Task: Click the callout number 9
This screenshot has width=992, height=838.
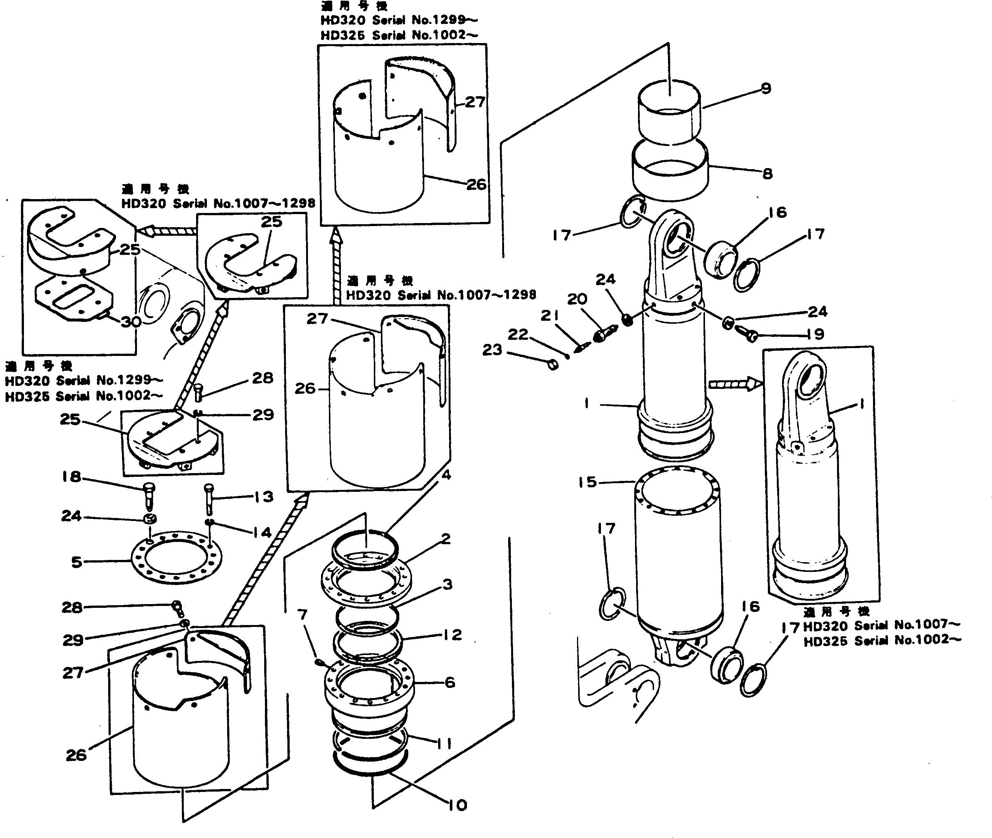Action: pyautogui.click(x=766, y=89)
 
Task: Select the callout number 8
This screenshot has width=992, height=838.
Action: pyautogui.click(x=767, y=174)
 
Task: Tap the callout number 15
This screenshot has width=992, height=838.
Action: pyautogui.click(x=587, y=483)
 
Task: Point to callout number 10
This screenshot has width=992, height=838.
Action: pyautogui.click(x=457, y=805)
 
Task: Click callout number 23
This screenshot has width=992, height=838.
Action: pyautogui.click(x=492, y=350)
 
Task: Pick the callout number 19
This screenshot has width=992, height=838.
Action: pyautogui.click(x=815, y=335)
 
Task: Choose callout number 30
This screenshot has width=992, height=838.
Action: pyautogui.click(x=131, y=322)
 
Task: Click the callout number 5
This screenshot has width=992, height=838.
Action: pyautogui.click(x=76, y=563)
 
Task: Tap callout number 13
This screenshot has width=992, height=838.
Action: pyautogui.click(x=263, y=497)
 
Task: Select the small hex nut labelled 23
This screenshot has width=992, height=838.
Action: pyautogui.click(x=553, y=365)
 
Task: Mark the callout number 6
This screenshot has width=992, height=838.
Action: pyautogui.click(x=450, y=683)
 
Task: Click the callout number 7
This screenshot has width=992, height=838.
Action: pyautogui.click(x=302, y=614)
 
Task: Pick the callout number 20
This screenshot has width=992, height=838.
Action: pyautogui.click(x=577, y=299)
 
